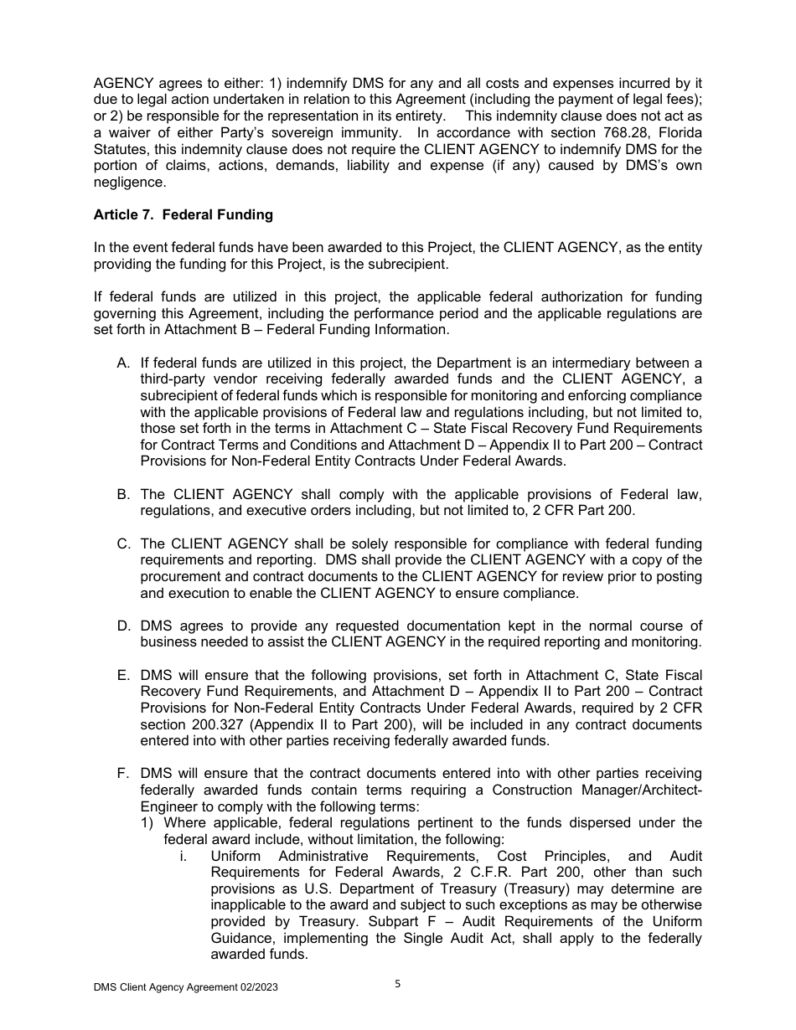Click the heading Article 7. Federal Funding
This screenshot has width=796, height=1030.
tap(183, 214)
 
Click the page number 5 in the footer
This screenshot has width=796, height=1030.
tap(398, 984)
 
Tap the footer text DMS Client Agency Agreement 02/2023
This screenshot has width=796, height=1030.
tap(185, 987)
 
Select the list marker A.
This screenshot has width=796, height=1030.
tap(123, 363)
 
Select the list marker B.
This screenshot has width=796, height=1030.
tap(123, 494)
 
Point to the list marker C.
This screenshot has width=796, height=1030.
tap(123, 543)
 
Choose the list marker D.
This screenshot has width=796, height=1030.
tap(123, 626)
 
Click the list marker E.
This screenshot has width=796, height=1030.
tap(123, 675)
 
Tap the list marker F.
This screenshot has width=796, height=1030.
tap(123, 774)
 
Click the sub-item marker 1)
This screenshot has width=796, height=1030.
tap(147, 823)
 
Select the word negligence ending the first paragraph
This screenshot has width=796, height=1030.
tap(130, 182)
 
